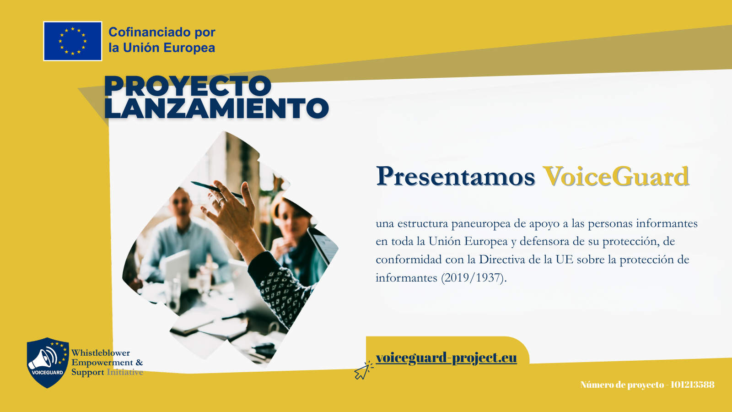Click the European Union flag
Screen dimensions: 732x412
(73, 41)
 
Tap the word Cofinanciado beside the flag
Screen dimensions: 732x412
(147, 32)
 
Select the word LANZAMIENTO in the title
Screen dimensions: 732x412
(216, 108)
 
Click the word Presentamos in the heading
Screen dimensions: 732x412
(456, 177)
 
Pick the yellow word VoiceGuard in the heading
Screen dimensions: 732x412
(616, 177)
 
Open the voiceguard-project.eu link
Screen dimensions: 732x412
(447, 358)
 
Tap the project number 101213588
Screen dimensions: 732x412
(693, 385)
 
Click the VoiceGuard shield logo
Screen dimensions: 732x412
(48, 363)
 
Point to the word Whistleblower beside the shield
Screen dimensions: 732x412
(101, 353)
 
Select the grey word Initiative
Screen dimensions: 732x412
(125, 372)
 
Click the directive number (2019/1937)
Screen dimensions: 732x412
(474, 278)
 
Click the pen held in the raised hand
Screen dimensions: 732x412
(217, 190)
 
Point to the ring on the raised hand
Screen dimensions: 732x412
(221, 200)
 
